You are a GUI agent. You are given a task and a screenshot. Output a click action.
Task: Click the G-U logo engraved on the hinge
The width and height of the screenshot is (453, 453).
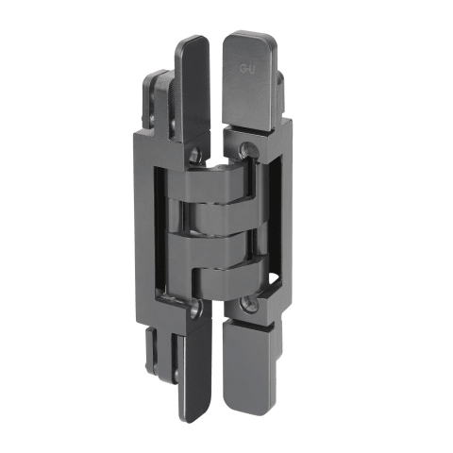(247, 69)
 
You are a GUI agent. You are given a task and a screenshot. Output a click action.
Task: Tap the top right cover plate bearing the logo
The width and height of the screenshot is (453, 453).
(249, 80)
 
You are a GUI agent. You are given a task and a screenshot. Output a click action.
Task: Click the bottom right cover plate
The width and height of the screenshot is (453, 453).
(249, 366)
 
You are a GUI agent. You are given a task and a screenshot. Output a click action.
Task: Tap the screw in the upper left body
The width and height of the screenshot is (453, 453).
(195, 153)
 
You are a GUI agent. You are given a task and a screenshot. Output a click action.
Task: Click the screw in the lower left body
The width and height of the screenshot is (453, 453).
(195, 307)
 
